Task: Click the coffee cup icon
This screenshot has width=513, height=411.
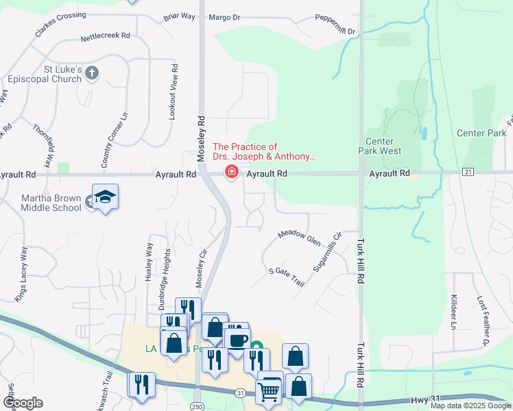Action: tap(237, 340)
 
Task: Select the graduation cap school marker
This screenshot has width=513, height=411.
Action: tap(105, 197)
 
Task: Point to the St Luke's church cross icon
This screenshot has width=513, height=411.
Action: tap(93, 73)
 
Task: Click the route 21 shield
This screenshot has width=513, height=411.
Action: tap(468, 171)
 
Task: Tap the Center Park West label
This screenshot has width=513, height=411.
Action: tap(383, 146)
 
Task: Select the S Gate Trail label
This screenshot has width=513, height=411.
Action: tap(286, 277)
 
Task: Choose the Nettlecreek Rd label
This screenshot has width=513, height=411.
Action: tap(105, 39)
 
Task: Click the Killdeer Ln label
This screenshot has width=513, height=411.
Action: tap(453, 312)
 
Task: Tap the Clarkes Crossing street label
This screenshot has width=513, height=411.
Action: tap(61, 25)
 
